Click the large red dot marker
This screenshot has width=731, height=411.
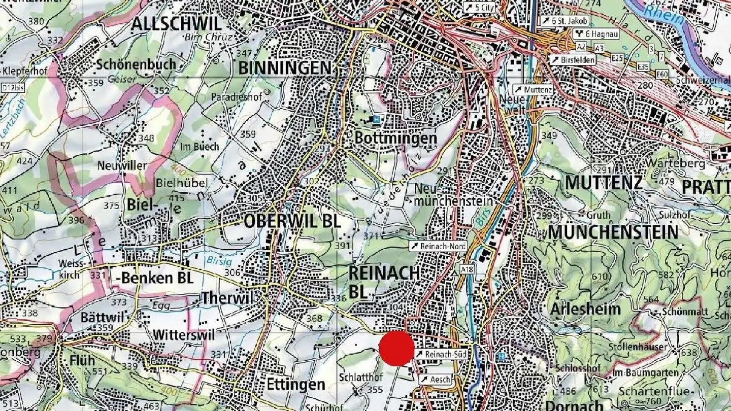click(396, 349)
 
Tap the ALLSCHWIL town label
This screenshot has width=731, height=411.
click(176, 23)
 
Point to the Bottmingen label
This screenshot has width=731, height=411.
click(395, 138)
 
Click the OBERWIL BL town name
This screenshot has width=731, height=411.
click(292, 221)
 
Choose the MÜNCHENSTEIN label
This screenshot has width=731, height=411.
click(613, 232)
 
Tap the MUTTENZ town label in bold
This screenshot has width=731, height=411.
click(604, 183)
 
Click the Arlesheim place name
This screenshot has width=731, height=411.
click(585, 309)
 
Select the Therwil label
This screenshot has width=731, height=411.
click(227, 298)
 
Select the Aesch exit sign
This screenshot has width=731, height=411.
click(436, 380)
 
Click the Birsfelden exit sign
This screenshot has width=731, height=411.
click(573, 59)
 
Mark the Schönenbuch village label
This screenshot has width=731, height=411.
click(136, 64)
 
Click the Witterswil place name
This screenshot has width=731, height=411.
click(184, 335)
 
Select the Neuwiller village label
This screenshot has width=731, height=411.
click(122, 165)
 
